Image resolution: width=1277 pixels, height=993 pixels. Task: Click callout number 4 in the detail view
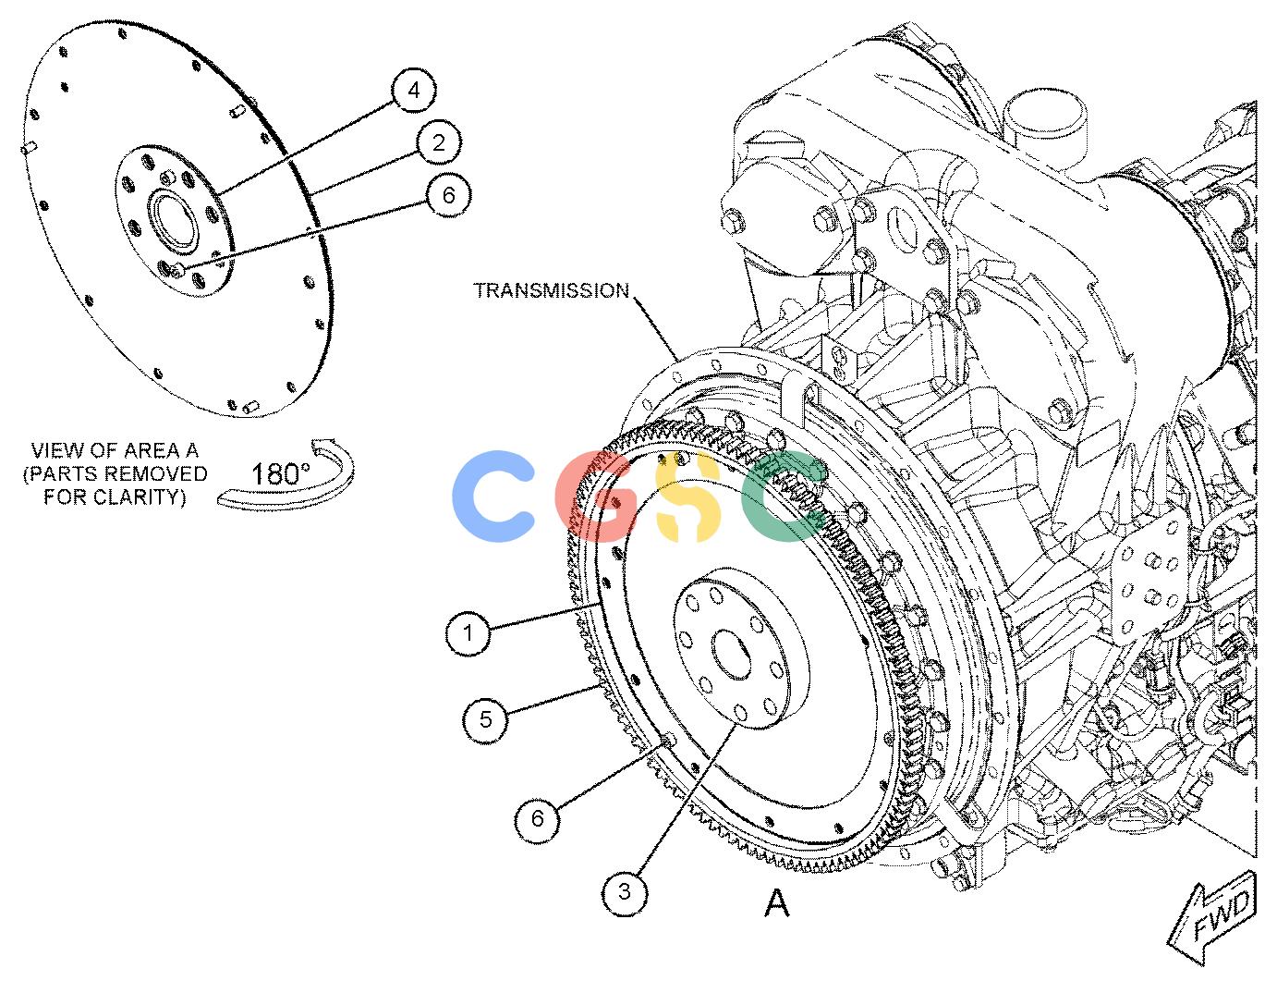(x=414, y=91)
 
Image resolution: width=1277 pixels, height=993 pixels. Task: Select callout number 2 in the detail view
(x=439, y=142)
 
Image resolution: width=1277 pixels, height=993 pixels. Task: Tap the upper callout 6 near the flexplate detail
(x=449, y=194)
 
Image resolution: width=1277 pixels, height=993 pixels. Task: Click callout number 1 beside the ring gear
(x=468, y=633)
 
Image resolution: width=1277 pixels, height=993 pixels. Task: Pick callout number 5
(x=485, y=719)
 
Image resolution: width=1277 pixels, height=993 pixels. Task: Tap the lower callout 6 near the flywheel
(x=537, y=819)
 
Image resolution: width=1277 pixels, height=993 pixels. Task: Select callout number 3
(x=625, y=893)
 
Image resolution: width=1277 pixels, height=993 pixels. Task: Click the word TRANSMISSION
(x=552, y=290)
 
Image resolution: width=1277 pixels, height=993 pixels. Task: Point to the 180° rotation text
(x=280, y=474)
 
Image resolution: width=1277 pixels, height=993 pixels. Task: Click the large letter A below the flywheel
(x=776, y=902)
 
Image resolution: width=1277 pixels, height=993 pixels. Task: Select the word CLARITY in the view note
(x=140, y=497)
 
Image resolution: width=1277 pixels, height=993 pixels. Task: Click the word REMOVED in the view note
(x=156, y=474)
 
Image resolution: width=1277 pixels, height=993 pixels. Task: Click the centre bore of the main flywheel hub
(x=731, y=655)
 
